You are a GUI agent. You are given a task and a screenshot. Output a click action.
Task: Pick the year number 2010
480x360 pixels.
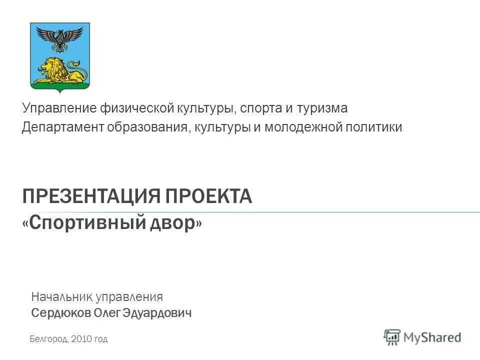pyautogui.click(x=82, y=339)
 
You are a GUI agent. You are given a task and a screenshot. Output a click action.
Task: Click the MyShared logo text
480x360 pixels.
pyautogui.click(x=432, y=337)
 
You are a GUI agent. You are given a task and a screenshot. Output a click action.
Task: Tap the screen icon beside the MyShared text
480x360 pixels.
pyautogui.click(x=392, y=338)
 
